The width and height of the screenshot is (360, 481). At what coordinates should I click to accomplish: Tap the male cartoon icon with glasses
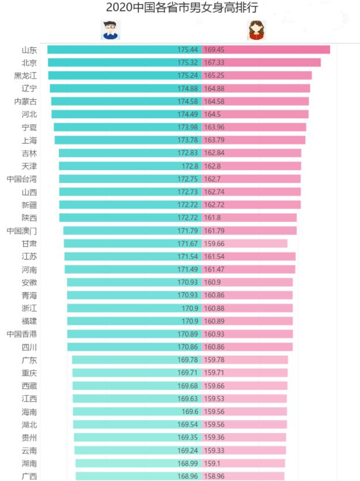(x=110, y=30)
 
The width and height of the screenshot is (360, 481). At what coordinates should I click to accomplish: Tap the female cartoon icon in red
(x=256, y=30)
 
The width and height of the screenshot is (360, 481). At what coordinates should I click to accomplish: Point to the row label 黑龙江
(x=25, y=76)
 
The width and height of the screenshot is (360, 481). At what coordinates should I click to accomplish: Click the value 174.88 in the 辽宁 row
(x=188, y=88)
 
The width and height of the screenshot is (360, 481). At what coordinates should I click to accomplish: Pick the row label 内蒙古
(x=25, y=102)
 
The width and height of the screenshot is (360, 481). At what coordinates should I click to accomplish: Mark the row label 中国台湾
(x=21, y=179)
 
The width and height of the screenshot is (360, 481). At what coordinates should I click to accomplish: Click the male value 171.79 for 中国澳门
(x=188, y=231)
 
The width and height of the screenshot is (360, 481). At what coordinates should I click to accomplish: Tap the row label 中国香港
(x=21, y=334)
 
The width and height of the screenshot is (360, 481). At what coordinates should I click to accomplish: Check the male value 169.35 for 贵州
(x=188, y=438)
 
